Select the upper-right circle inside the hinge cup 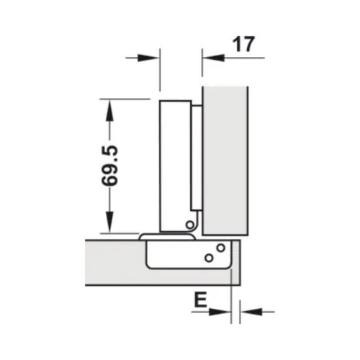point(220,249)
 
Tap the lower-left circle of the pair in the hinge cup point(208,257)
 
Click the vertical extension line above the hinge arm point(158,72)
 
